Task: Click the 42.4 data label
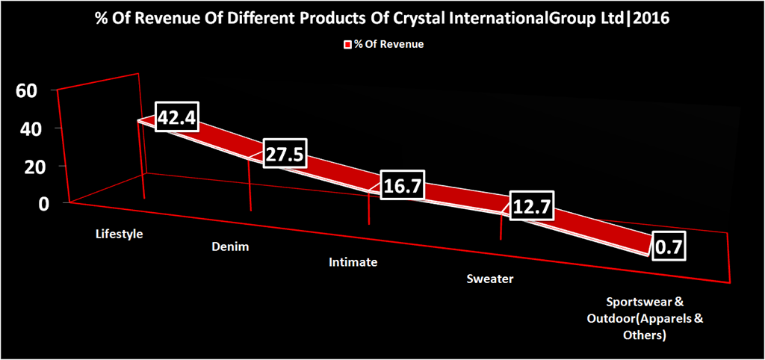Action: coord(176,117)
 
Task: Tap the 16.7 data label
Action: coord(401,186)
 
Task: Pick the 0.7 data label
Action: coord(669,247)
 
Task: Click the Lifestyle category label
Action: coord(119,235)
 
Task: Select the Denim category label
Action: coord(230,246)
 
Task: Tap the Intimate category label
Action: coord(353,263)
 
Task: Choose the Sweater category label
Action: coord(490,279)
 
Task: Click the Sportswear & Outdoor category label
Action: coord(645,319)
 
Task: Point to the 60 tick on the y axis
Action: coord(26,90)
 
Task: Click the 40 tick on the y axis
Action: coord(26,128)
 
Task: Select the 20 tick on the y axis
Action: coord(26,166)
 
